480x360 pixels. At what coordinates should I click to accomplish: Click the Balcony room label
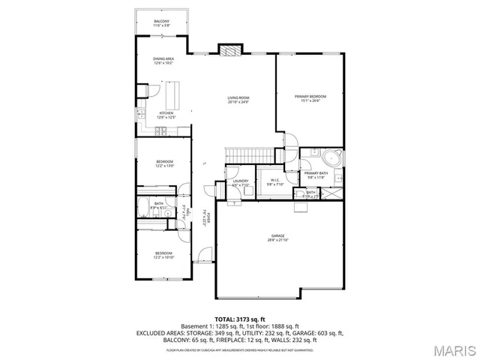coord(162,22)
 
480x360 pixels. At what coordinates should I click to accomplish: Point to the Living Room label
coord(238,100)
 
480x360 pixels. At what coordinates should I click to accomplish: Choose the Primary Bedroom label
coord(310,98)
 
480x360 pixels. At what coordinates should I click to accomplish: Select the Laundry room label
coord(241,182)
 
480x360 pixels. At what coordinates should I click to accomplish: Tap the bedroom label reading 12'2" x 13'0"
coord(165,164)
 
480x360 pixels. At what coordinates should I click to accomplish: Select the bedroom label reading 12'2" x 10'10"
coord(164,255)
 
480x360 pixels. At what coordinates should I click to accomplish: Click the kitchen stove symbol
coord(160,131)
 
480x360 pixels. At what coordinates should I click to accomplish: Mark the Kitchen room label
coord(165,115)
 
